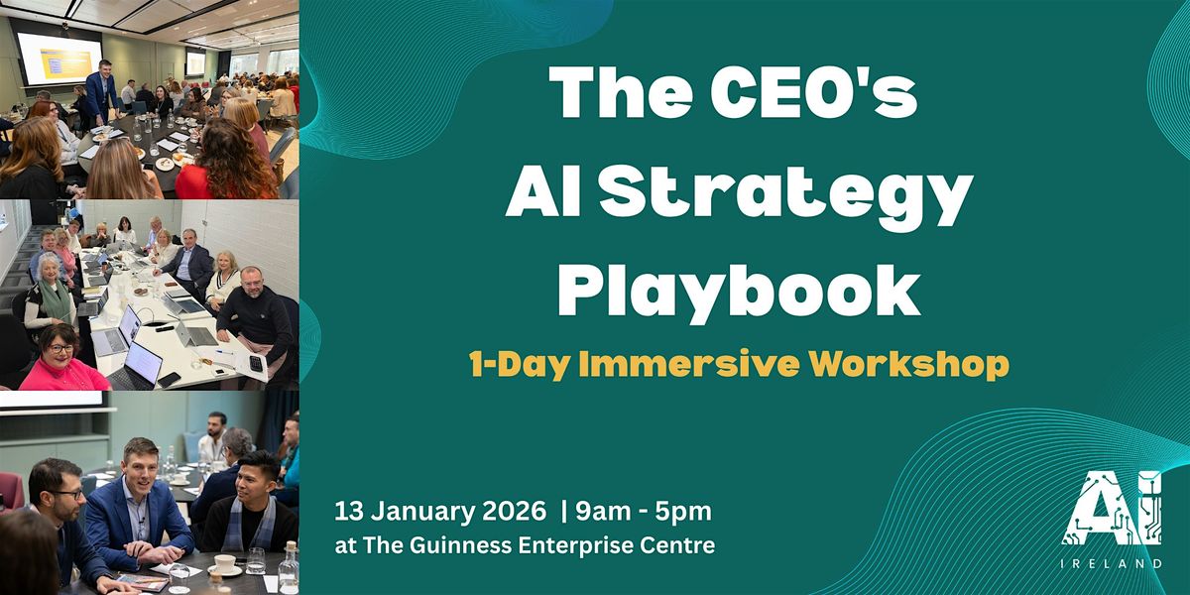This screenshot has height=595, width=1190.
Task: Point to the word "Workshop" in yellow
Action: [x=909, y=366]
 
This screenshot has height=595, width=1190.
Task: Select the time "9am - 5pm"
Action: [x=644, y=512]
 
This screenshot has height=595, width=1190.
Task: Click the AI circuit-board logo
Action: [x=1112, y=508]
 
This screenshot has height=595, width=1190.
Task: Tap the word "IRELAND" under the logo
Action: [x=1112, y=563]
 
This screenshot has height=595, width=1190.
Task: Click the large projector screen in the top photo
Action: [x=59, y=59]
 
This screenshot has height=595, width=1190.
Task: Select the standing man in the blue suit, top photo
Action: [x=101, y=92]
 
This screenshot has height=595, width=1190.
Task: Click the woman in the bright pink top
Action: [x=62, y=359]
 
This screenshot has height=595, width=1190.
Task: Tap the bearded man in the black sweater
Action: [x=256, y=314]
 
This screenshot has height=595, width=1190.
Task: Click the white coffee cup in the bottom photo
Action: [x=224, y=563]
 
